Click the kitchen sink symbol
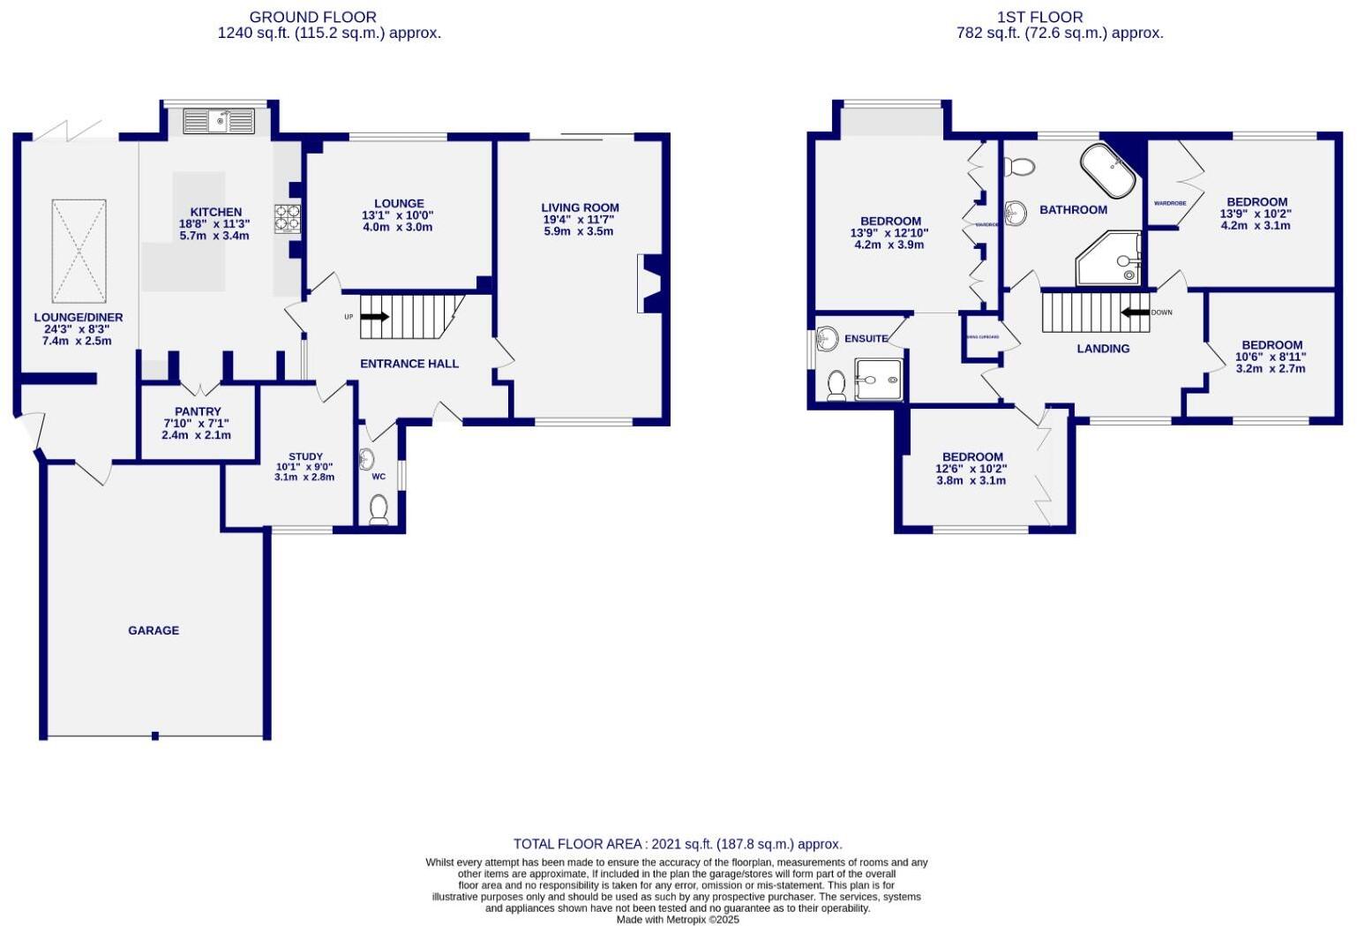[x=218, y=120]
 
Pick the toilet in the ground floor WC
[x=379, y=508]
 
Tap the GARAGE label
[x=154, y=630]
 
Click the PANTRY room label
[x=198, y=411]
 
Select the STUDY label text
[x=305, y=456]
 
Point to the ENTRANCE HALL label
[x=409, y=363]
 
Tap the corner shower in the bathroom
[x=1110, y=260]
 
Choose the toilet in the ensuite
[x=836, y=385]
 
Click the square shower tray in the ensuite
[x=878, y=380]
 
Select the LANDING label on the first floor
[x=1103, y=349]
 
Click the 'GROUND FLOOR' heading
[x=312, y=17]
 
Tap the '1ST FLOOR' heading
[x=1039, y=17]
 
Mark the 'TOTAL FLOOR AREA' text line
[x=678, y=844]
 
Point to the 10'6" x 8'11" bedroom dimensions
[x=1271, y=357]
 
